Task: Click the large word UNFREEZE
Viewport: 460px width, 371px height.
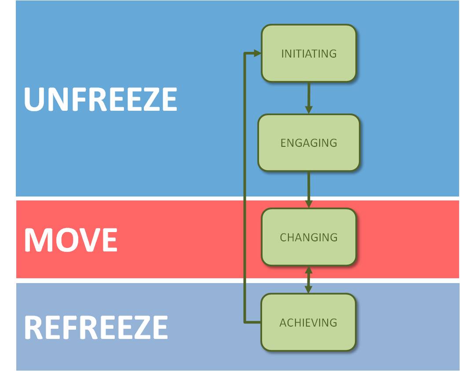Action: pyautogui.click(x=100, y=100)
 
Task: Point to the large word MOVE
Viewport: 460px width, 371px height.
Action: pyautogui.click(x=70, y=240)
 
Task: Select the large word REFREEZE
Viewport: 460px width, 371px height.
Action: pyautogui.click(x=96, y=327)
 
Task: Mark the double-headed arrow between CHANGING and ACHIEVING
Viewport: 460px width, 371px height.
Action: pyautogui.click(x=309, y=280)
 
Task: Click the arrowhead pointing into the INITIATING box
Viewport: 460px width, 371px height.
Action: pyautogui.click(x=257, y=54)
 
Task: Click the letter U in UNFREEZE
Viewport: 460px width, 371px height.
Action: pyautogui.click(x=34, y=100)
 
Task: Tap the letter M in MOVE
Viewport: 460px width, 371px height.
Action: pyautogui.click(x=38, y=240)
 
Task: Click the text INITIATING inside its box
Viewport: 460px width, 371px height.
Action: pyautogui.click(x=309, y=54)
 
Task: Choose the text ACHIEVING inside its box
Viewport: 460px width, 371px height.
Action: pyautogui.click(x=308, y=323)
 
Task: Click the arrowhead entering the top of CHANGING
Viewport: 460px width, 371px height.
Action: pyautogui.click(x=309, y=204)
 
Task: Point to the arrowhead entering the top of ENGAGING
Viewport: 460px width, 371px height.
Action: pyautogui.click(x=309, y=109)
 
